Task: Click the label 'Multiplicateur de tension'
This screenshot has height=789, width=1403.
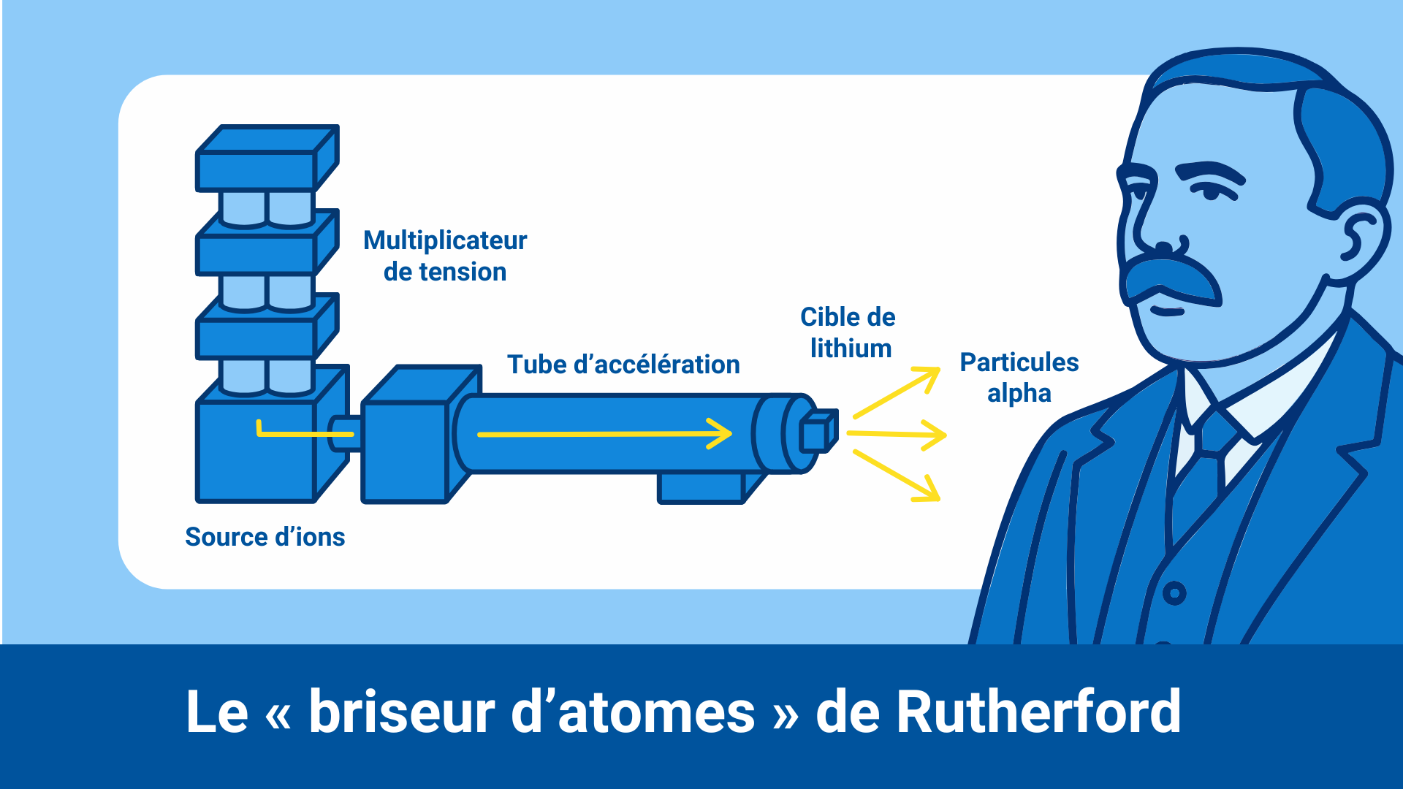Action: tap(445, 256)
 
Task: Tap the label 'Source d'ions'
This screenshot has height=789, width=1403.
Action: tap(265, 537)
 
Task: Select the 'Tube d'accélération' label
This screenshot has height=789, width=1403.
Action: tap(623, 364)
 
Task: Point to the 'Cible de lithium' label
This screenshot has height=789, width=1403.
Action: tap(848, 332)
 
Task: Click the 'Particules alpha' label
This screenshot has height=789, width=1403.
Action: tap(1019, 377)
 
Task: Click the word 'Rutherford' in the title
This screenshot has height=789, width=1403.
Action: tap(1038, 712)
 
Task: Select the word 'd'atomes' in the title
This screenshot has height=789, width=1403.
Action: tap(633, 712)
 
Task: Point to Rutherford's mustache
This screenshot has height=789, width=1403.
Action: tap(1169, 279)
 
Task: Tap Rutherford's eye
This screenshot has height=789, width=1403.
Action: tap(1211, 193)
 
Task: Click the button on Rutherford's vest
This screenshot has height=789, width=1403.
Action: tap(1174, 592)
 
